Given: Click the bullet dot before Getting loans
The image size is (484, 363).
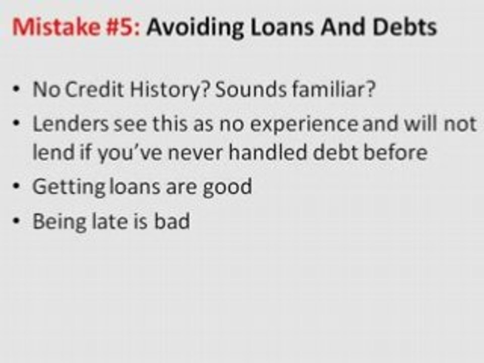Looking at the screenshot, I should pos(18,187).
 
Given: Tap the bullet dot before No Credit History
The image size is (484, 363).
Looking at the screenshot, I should pos(18,90).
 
